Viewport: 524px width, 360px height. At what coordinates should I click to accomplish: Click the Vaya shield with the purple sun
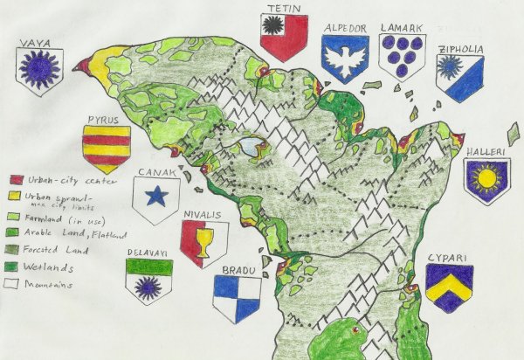[x=38, y=69]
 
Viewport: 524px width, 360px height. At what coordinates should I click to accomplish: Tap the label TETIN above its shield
[x=285, y=8]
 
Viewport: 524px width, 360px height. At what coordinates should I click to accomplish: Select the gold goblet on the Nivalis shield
[x=203, y=242]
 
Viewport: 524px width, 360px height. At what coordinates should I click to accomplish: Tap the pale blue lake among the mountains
[x=253, y=147]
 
